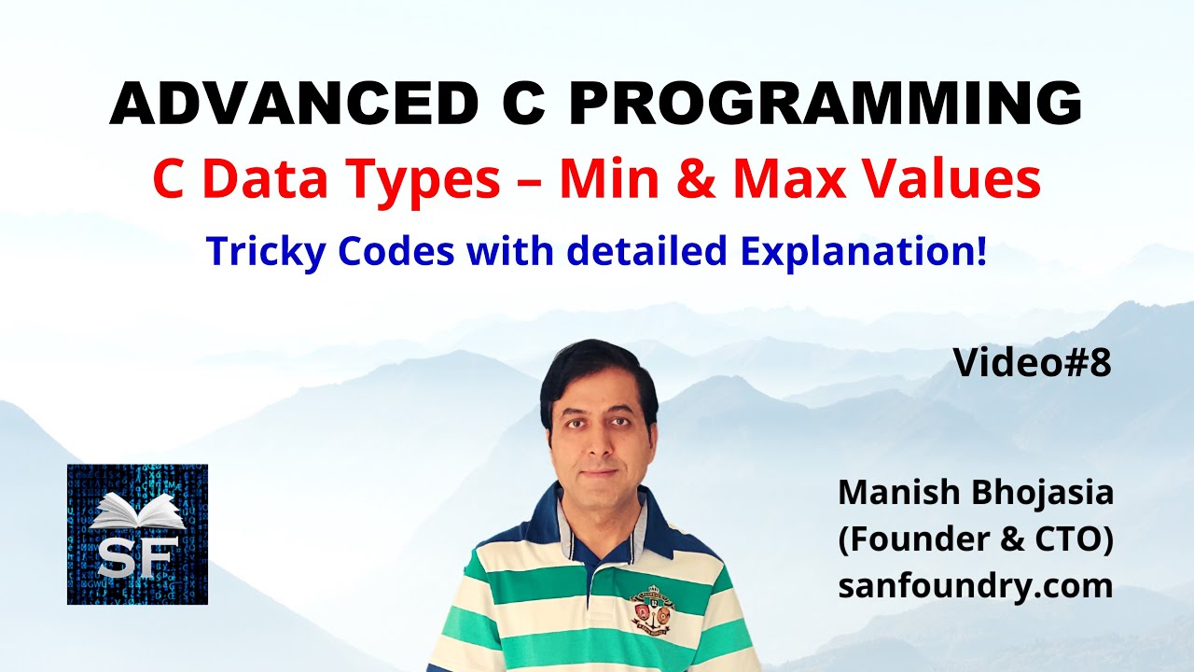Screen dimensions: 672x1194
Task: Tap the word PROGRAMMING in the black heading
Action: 826,105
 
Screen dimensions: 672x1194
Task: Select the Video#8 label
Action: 1032,364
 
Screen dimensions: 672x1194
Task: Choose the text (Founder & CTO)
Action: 975,539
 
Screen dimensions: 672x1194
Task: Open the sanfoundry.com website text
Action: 975,586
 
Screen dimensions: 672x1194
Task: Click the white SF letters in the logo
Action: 137,558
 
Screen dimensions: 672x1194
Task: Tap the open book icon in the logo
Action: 137,511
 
